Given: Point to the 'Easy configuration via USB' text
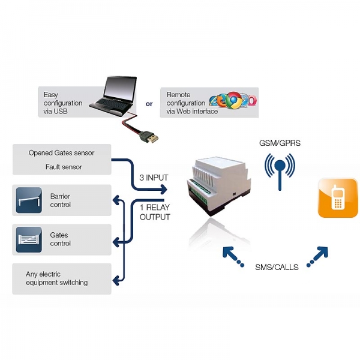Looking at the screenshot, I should pyautogui.click(x=63, y=103).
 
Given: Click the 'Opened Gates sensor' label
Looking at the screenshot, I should pyautogui.click(x=61, y=152).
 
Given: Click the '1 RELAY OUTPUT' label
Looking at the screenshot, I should pyautogui.click(x=154, y=212).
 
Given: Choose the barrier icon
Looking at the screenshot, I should pyautogui.click(x=29, y=200).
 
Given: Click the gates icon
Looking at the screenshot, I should pyautogui.click(x=29, y=239).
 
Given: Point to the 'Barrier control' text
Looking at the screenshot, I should pyautogui.click(x=61, y=200).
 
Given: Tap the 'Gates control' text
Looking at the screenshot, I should pyautogui.click(x=60, y=239).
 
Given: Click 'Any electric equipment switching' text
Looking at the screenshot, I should pyautogui.click(x=56, y=278).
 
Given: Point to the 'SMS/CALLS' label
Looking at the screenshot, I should pyautogui.click(x=276, y=266).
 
